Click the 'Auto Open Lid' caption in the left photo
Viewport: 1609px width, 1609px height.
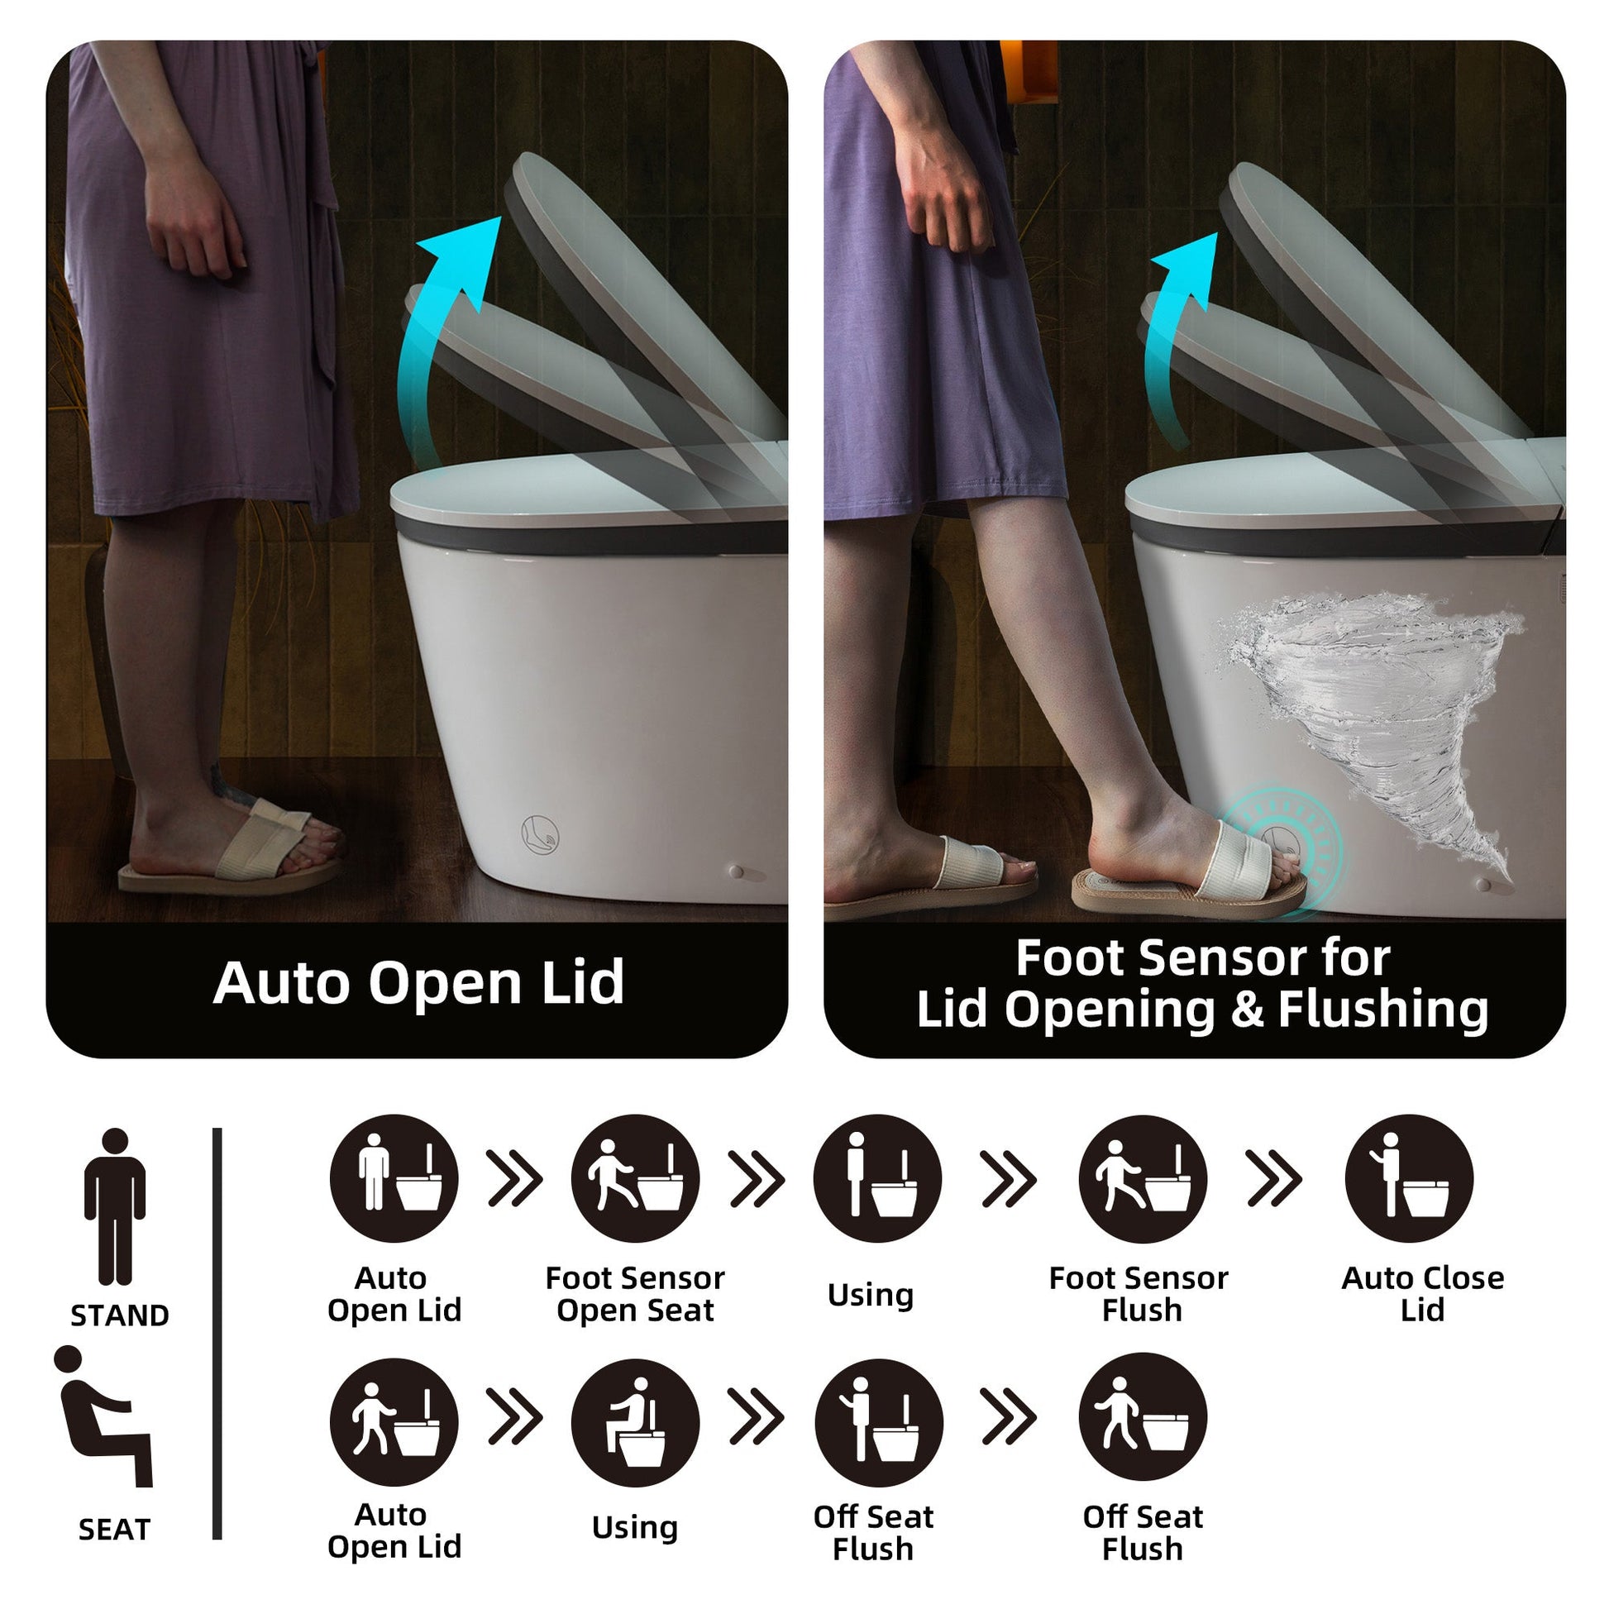tap(418, 983)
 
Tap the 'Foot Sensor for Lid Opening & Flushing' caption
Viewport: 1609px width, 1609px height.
tap(1201, 984)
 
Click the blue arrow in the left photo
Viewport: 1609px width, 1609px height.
tap(442, 333)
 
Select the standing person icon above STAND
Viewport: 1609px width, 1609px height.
tap(115, 1207)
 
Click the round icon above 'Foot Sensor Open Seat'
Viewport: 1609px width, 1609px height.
tap(636, 1178)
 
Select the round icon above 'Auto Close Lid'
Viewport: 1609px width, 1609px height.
tap(1409, 1178)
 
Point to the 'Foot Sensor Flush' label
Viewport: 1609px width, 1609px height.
tap(1139, 1293)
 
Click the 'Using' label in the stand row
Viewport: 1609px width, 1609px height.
tap(871, 1295)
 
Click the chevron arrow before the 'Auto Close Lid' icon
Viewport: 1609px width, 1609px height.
tap(1274, 1178)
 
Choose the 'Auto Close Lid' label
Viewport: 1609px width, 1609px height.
tap(1422, 1293)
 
